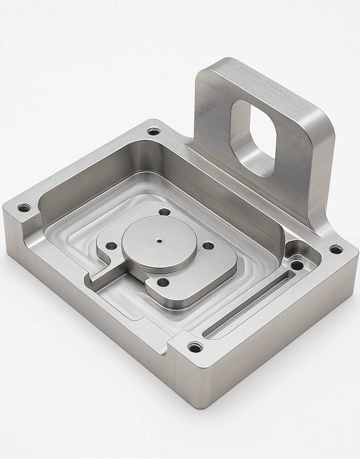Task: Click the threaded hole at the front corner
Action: (x=195, y=347)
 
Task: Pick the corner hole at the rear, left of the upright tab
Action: (x=153, y=131)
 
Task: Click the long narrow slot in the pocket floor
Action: (x=247, y=305)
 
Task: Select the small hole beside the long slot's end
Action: (x=297, y=265)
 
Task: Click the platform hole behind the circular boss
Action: (x=165, y=212)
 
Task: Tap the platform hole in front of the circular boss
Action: (x=163, y=282)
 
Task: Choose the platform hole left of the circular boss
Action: (x=111, y=245)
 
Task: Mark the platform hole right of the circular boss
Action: (x=208, y=245)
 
